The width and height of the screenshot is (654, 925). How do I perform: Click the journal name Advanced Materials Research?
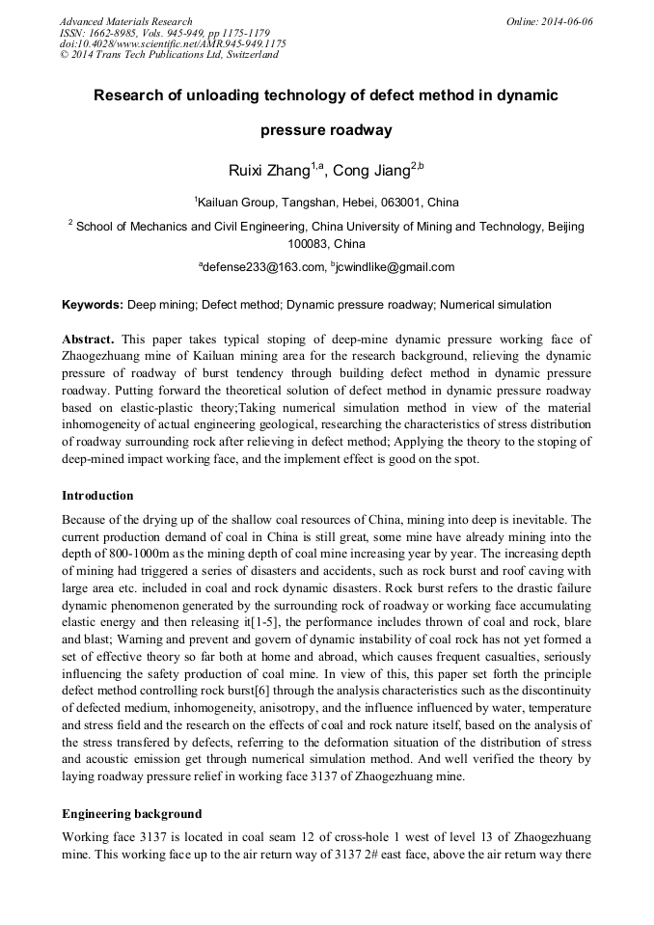[x=126, y=21]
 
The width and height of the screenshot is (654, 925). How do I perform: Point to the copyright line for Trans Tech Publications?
[x=169, y=55]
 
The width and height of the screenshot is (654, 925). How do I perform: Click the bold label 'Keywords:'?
[x=93, y=305]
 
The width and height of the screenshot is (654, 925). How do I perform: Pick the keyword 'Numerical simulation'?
[x=496, y=305]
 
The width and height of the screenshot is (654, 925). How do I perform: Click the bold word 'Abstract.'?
[x=89, y=339]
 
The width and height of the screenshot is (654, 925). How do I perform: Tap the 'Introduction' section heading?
[x=97, y=496]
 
